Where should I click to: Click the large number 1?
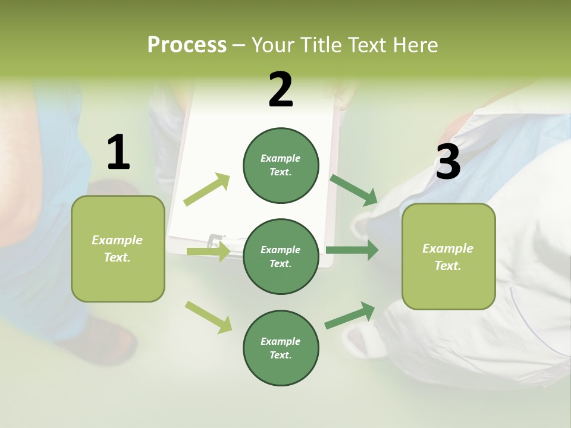pyautogui.click(x=118, y=152)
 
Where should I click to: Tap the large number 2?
pyautogui.click(x=281, y=90)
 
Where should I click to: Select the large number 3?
pyautogui.click(x=448, y=162)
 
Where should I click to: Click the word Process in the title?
pyautogui.click(x=187, y=45)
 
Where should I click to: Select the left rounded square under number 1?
pyautogui.click(x=118, y=248)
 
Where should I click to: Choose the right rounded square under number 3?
pyautogui.click(x=448, y=257)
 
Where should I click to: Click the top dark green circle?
pyautogui.click(x=281, y=165)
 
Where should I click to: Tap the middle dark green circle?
pyautogui.click(x=281, y=256)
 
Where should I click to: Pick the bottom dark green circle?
pyautogui.click(x=281, y=348)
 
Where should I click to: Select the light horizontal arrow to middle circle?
pyautogui.click(x=208, y=251)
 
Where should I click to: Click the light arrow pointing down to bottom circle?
pyautogui.click(x=208, y=317)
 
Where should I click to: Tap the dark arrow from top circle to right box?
pyautogui.click(x=354, y=190)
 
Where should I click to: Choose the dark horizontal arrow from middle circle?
pyautogui.click(x=352, y=250)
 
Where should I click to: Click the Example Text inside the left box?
pyautogui.click(x=118, y=248)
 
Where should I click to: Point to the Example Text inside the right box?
pyautogui.click(x=448, y=257)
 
